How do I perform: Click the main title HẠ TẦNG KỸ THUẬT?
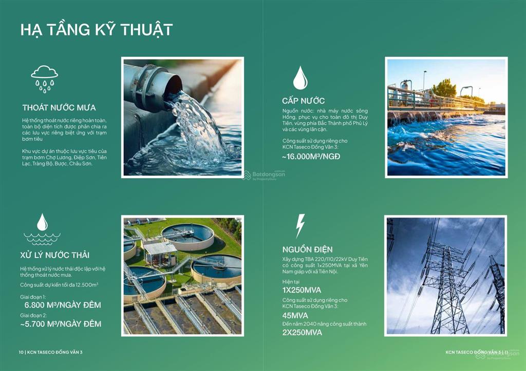pos(96,30)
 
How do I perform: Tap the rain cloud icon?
pos(44,79)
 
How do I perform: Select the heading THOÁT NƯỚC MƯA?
pos(59,108)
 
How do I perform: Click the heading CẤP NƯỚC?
pos(303,101)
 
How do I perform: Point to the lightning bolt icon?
pos(300,226)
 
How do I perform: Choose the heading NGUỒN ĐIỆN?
pos(307,249)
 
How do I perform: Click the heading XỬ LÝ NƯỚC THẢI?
pos(54,255)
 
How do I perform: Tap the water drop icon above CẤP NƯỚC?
pos(300,78)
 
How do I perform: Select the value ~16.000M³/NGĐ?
pos(311,157)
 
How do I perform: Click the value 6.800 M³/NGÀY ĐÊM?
pos(63,305)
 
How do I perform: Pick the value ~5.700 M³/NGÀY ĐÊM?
pos(61,324)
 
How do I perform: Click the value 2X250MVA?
pos(302,333)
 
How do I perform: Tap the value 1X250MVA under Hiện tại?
pos(302,290)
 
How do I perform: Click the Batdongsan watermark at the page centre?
pos(264,175)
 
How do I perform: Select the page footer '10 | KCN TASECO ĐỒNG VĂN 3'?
pos(51,352)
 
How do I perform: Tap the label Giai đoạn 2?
pos(33,316)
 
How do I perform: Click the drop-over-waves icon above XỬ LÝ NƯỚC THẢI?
pos(42,229)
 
